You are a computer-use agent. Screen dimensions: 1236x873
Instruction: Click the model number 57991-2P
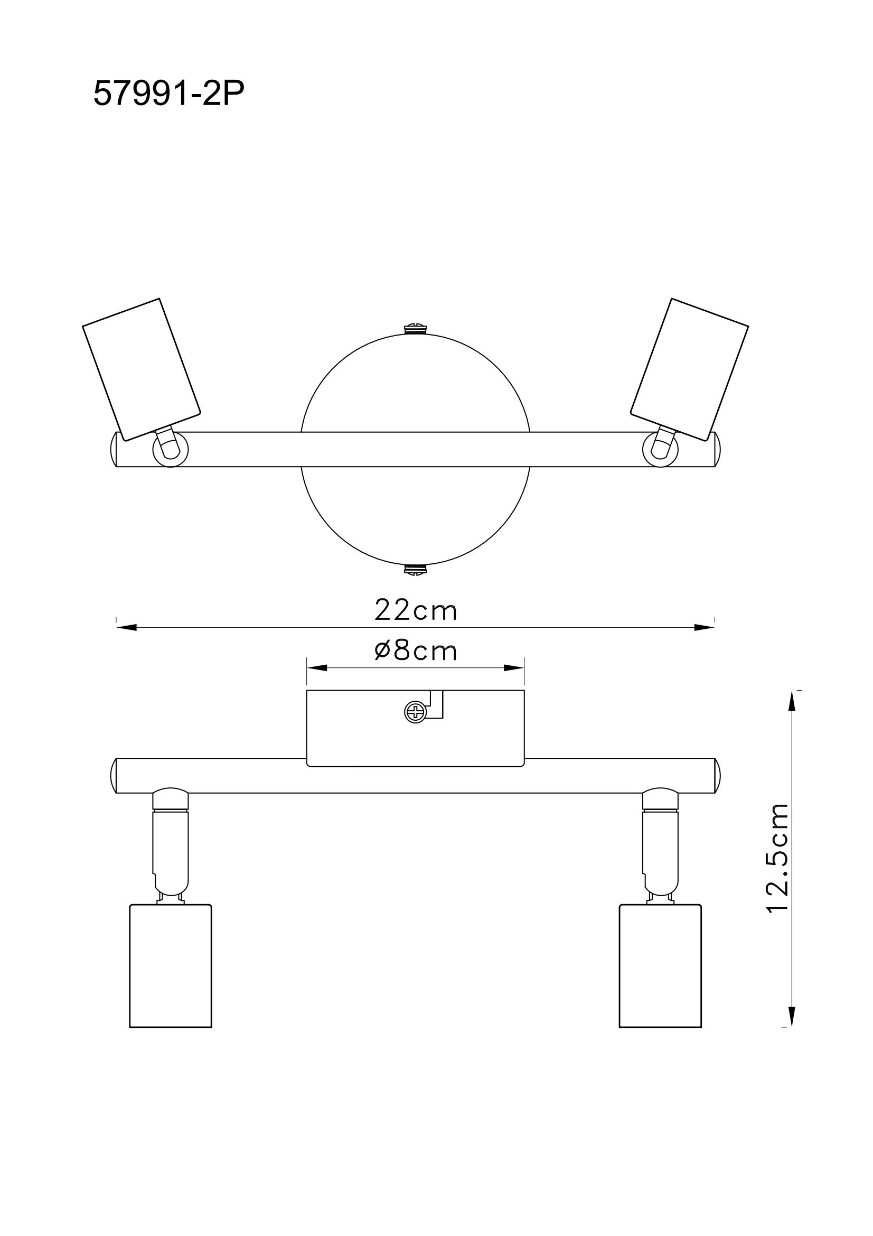pyautogui.click(x=169, y=95)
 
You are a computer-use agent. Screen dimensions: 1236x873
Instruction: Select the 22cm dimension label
pyautogui.click(x=415, y=611)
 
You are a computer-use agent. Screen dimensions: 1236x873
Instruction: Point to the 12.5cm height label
pyautogui.click(x=778, y=865)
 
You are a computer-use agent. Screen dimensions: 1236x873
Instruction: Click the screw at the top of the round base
pyautogui.click(x=415, y=328)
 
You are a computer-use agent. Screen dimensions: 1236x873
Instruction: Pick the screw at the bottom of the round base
pyautogui.click(x=415, y=569)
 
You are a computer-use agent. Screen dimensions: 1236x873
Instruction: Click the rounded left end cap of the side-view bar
pyautogui.click(x=114, y=776)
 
